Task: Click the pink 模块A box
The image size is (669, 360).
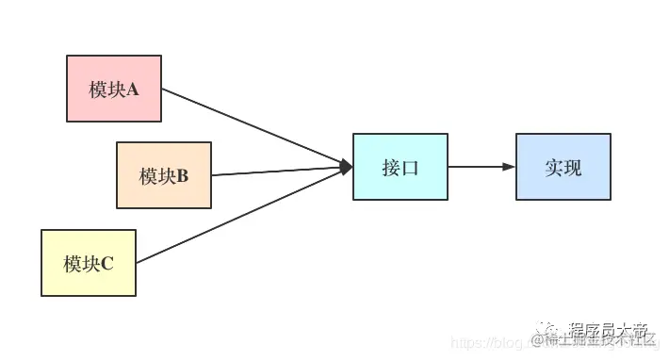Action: pyautogui.click(x=113, y=89)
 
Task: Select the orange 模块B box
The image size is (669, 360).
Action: pyautogui.click(x=163, y=175)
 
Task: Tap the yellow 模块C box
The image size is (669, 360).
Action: pyautogui.click(x=89, y=263)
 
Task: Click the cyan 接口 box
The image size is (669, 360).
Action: pyautogui.click(x=400, y=167)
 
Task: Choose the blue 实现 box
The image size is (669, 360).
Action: pyautogui.click(x=563, y=167)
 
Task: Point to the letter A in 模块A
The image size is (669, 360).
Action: pyautogui.click(x=133, y=90)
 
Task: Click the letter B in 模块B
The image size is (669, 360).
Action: pyautogui.click(x=183, y=176)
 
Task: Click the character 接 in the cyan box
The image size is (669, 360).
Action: pyautogui.click(x=391, y=168)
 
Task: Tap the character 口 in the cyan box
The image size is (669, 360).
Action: pyautogui.click(x=410, y=168)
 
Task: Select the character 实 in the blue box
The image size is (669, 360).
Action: pyautogui.click(x=554, y=168)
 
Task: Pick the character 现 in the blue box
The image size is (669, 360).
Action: pyautogui.click(x=573, y=168)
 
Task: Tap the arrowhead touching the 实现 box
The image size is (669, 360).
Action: pyautogui.click(x=510, y=167)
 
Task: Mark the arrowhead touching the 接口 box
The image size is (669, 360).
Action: pyautogui.click(x=346, y=167)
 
